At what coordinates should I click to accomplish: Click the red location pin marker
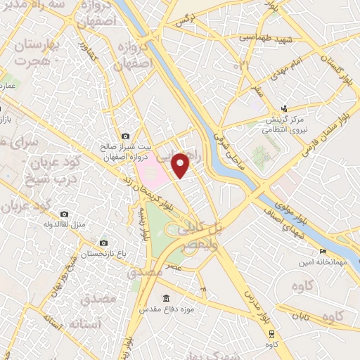(181, 165)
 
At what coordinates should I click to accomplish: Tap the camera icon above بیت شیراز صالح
(125, 136)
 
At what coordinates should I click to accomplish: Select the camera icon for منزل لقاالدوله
(64, 214)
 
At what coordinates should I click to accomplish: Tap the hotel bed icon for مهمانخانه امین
(323, 252)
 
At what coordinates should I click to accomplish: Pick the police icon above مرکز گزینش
(283, 108)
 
